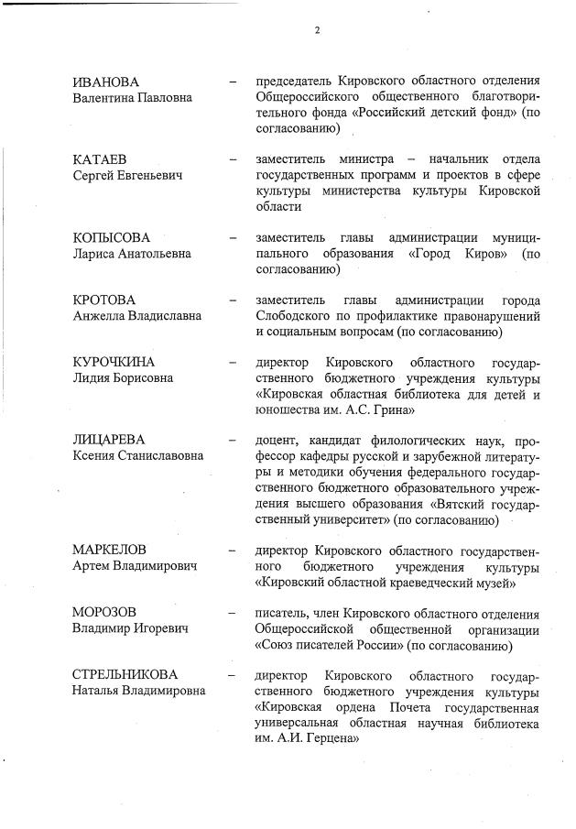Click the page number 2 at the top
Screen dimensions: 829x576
pos(317,29)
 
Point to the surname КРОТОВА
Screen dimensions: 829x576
pos(103,300)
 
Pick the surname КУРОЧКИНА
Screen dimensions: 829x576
pos(114,362)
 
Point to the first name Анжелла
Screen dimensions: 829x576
pos(100,315)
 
